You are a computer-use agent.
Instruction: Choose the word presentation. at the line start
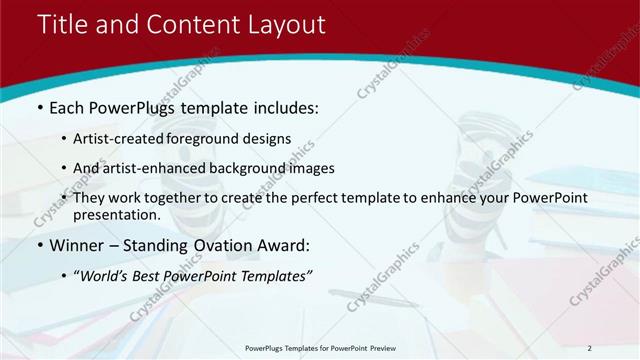click(116, 215)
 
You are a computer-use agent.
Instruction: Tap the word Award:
click(283, 245)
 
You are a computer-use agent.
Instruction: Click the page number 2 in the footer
click(590, 348)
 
